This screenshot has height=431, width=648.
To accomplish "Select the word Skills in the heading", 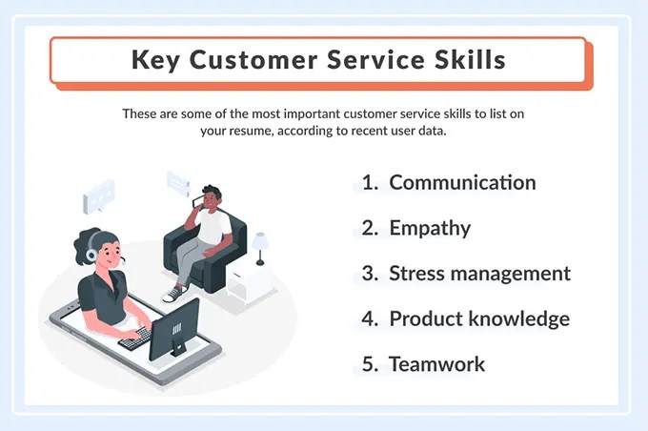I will click(x=466, y=60).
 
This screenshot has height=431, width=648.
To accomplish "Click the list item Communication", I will click(x=462, y=182).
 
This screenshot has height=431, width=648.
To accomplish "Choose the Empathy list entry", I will click(x=430, y=228).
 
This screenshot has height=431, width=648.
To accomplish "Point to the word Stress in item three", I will click(x=417, y=274).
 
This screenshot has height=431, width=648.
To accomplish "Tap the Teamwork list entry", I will click(x=436, y=364).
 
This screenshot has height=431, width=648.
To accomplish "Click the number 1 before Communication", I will click(x=369, y=182).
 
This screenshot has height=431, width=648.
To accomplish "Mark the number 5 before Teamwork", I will click(x=369, y=364).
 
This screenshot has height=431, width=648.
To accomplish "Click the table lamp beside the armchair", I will click(x=259, y=245).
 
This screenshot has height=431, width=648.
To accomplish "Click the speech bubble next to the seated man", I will click(x=177, y=180).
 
